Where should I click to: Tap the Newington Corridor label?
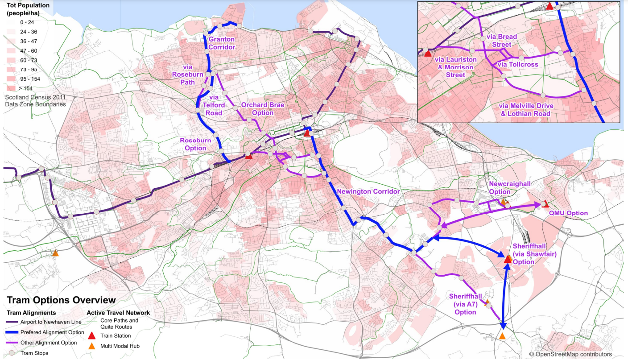pyautogui.click(x=368, y=191)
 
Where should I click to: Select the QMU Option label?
pyautogui.click(x=568, y=213)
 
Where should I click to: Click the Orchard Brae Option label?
pyautogui.click(x=263, y=109)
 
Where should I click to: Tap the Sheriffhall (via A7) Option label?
pyautogui.click(x=465, y=304)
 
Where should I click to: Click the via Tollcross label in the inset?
pyautogui.click(x=517, y=64)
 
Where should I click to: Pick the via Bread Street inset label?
pyautogui.click(x=501, y=40)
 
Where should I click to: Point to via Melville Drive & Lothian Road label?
pyautogui.click(x=526, y=110)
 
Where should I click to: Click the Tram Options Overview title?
pyautogui.click(x=61, y=300)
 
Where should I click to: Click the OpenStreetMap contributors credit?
pyautogui.click(x=570, y=354)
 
